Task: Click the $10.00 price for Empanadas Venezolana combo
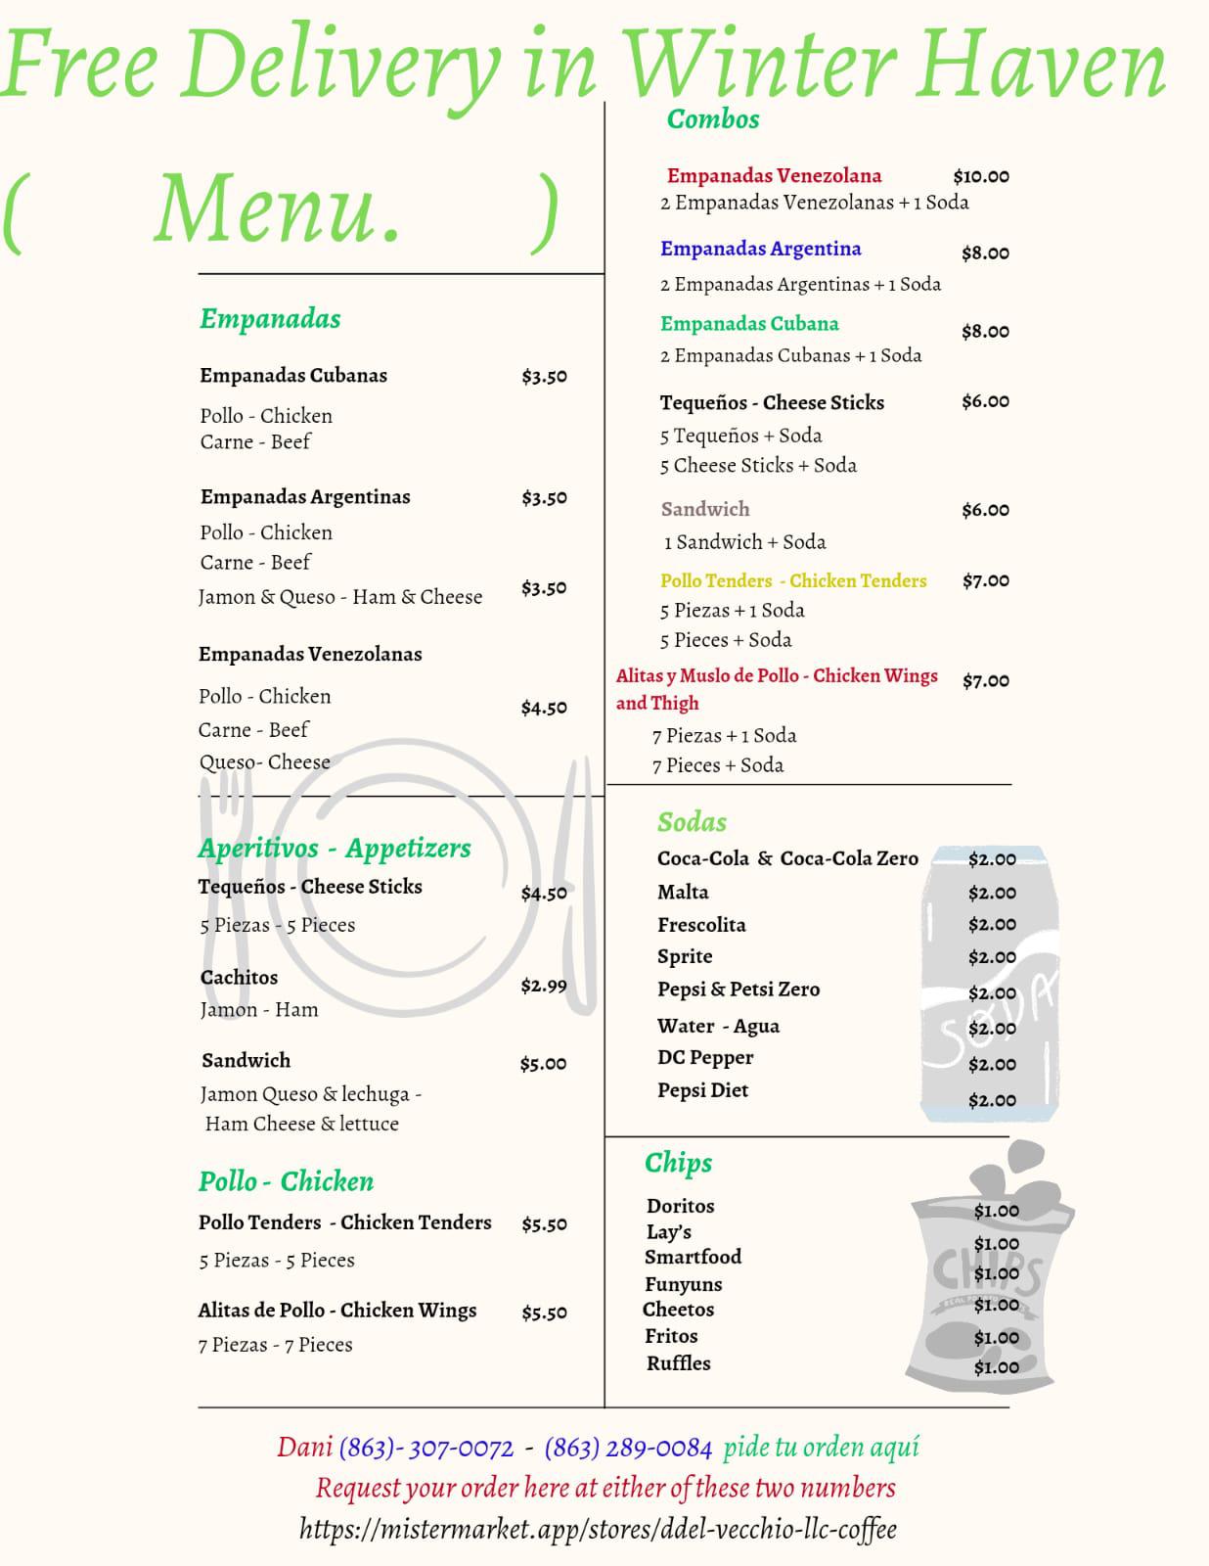981,177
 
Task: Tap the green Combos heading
713,119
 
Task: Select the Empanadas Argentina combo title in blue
760,249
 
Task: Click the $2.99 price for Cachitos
543,986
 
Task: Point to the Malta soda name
683,893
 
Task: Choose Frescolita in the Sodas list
701,925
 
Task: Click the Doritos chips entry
680,1207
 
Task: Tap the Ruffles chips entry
678,1363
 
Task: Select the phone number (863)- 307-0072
426,1448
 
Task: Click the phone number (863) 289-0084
628,1448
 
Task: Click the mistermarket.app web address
598,1530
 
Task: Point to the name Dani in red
304,1448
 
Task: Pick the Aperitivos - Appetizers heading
335,849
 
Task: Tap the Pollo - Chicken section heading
286,1182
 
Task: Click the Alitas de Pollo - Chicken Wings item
337,1311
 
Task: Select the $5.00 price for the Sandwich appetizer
543,1064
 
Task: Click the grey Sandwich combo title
705,509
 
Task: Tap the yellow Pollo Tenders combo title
793,581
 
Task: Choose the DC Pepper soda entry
705,1058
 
